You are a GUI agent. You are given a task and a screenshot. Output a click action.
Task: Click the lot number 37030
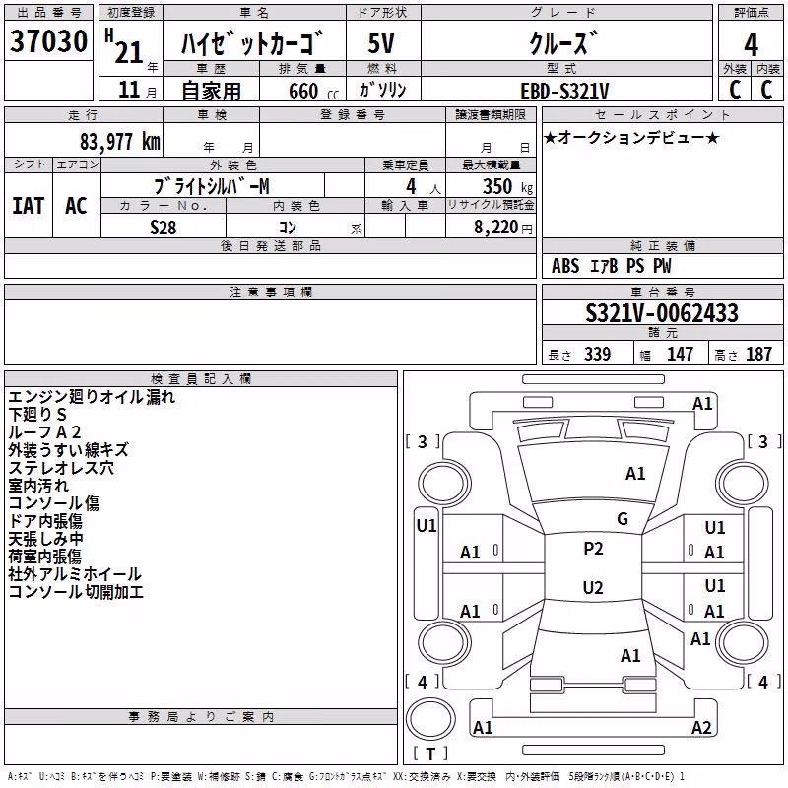[48, 41]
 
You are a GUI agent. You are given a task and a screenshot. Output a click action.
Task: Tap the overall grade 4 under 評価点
[751, 45]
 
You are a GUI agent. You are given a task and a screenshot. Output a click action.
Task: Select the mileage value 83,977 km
[120, 142]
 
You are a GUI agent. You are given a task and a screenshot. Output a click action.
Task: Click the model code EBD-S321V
[564, 91]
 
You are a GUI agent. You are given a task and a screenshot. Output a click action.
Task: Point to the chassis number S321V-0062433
[662, 313]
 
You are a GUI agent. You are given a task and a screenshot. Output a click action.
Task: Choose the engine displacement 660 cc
[314, 91]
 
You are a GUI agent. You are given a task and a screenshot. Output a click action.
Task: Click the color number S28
[164, 228]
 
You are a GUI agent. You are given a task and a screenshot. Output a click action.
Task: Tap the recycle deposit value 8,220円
[503, 228]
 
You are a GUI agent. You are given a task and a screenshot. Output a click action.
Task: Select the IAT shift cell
[29, 206]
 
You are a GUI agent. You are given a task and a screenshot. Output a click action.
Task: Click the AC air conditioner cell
[77, 206]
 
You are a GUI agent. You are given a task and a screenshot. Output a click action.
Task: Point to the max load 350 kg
[507, 186]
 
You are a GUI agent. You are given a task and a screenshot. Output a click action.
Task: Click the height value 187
[758, 354]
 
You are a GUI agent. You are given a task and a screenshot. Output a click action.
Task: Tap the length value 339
[598, 354]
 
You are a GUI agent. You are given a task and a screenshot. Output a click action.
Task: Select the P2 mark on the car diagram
[593, 549]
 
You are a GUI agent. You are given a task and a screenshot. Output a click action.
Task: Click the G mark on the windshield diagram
[623, 519]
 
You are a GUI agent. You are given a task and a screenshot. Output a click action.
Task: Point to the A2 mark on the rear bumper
[701, 727]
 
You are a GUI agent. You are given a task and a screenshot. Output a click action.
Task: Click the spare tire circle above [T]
[430, 719]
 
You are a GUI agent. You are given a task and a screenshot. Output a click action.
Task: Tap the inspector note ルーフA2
[44, 432]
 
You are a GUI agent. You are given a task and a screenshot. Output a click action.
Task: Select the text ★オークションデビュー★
[631, 138]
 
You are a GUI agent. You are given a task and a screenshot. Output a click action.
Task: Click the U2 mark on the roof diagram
[593, 587]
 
